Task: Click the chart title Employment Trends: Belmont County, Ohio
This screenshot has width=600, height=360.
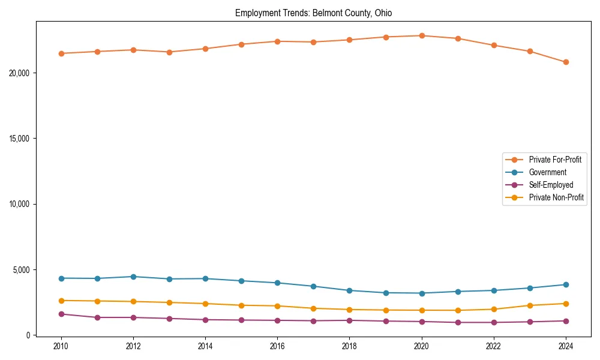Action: (313, 13)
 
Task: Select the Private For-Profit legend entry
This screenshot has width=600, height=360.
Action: (554, 160)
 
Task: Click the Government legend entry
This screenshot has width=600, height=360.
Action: (547, 172)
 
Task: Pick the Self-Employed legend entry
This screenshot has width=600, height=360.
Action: (551, 185)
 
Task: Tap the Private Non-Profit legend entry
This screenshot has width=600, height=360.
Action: (556, 197)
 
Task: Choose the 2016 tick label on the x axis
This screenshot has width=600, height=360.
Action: (277, 346)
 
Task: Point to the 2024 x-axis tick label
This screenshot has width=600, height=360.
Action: (565, 346)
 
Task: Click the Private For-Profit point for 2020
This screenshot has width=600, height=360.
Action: (422, 35)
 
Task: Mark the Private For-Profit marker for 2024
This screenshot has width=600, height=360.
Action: (566, 62)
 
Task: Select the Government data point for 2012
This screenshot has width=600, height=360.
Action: (133, 277)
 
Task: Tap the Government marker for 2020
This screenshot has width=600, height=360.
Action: (422, 293)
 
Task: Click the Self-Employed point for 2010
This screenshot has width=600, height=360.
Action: (61, 314)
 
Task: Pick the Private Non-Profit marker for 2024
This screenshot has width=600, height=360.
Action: (566, 304)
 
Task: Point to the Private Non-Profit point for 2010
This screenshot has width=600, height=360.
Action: (61, 301)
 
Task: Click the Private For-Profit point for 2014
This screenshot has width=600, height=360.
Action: (205, 49)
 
